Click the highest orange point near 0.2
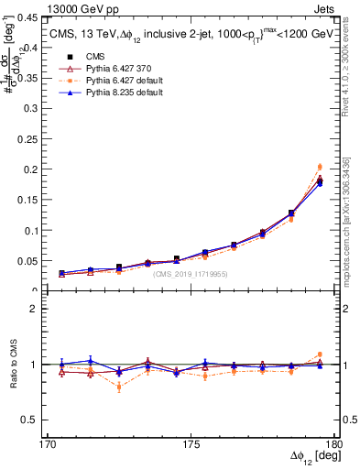tap(319, 167)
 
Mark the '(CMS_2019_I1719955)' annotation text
tap(190, 274)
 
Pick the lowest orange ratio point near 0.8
tap(119, 387)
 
